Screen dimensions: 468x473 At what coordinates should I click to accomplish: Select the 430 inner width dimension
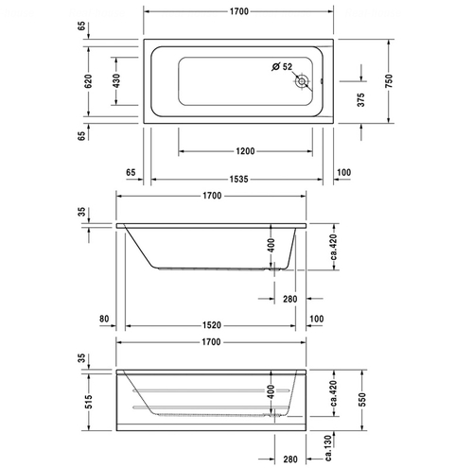click(116, 81)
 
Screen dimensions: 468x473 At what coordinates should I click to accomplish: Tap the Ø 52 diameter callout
click(281, 66)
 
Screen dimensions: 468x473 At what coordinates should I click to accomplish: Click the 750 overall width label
click(389, 81)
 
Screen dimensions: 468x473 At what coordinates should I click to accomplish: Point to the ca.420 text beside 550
click(327, 388)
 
